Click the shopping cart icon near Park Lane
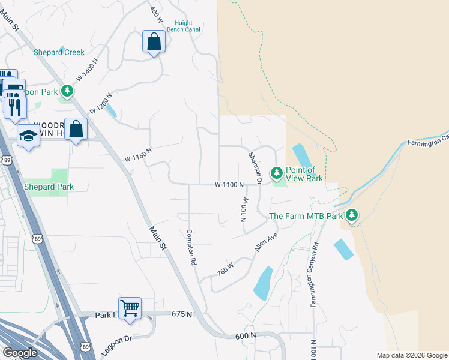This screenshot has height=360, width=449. tap(130, 308)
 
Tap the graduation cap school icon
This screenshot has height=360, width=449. tap(28, 137)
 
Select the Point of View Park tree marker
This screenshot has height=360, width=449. tap(276, 173)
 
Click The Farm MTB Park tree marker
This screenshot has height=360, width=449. tap(352, 215)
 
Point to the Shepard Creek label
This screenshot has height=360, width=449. tap(59, 52)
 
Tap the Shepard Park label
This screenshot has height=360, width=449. tap(49, 187)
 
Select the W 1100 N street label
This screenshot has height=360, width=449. tap(229, 185)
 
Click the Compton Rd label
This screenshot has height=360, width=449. tap(191, 247)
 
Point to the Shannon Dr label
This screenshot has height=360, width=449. tap(255, 167)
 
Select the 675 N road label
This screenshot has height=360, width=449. tap(182, 314)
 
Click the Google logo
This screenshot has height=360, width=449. tap(20, 353)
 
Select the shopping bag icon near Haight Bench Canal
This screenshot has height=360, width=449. tap(154, 41)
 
